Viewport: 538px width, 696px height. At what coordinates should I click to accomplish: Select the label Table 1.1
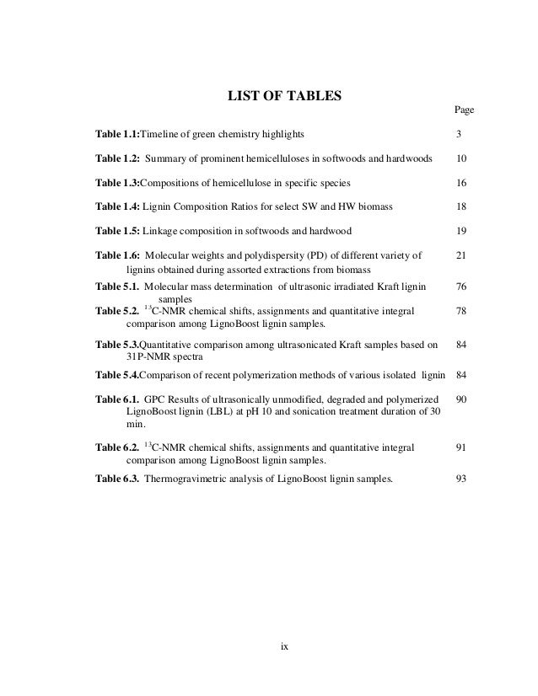117,135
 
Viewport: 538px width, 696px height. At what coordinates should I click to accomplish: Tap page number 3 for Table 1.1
458,135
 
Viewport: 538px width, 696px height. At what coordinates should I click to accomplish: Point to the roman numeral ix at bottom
285,647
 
